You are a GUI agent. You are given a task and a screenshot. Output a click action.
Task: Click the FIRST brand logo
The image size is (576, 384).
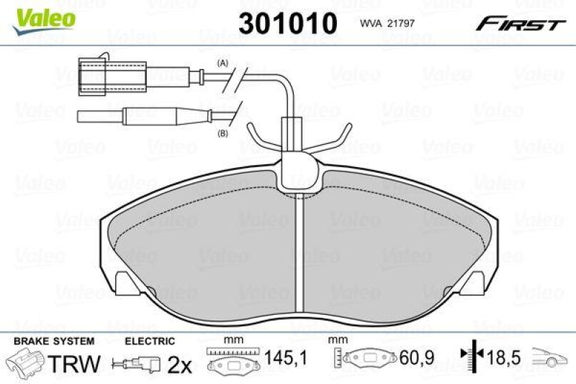point(518,24)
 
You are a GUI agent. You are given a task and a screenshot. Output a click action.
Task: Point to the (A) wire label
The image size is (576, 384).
point(222,63)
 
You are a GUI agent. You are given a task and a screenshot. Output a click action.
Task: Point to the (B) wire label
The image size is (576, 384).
point(222,133)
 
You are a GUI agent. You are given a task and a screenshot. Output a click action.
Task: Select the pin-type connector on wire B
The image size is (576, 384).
point(144,114)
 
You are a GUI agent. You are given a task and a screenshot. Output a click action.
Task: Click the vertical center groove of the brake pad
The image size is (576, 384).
point(297,252)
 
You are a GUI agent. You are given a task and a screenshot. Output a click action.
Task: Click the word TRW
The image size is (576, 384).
point(73,364)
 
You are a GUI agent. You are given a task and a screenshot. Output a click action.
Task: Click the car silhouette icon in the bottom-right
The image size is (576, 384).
point(551,357)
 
